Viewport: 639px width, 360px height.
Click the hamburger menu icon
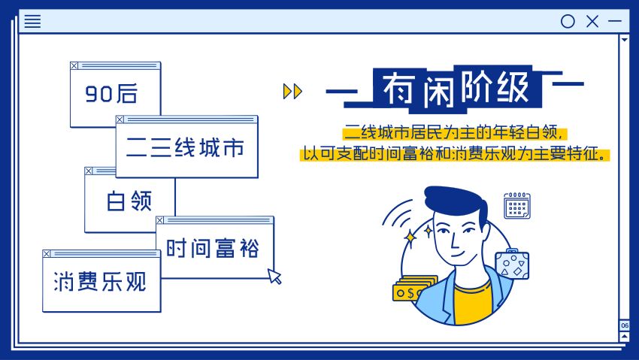(x=32, y=21)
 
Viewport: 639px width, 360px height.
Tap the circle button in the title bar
(x=568, y=21)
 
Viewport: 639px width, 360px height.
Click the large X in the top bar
(x=592, y=21)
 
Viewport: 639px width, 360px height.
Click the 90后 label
(x=111, y=93)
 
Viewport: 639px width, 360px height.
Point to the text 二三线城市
(x=185, y=147)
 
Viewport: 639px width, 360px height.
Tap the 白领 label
(x=129, y=201)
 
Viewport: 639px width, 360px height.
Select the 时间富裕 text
(x=212, y=247)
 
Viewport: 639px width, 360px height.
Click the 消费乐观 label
(x=100, y=281)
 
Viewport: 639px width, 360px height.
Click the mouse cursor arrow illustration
(x=274, y=276)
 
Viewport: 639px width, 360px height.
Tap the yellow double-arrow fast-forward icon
(x=292, y=91)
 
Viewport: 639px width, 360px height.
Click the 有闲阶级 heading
(x=456, y=89)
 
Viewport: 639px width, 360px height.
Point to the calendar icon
(x=517, y=206)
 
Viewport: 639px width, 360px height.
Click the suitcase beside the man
(x=512, y=265)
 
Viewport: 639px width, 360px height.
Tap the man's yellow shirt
(x=473, y=302)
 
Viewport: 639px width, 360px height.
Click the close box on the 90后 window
(x=74, y=66)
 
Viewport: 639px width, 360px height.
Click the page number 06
(x=624, y=325)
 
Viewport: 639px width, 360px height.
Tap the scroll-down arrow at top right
(x=624, y=40)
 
